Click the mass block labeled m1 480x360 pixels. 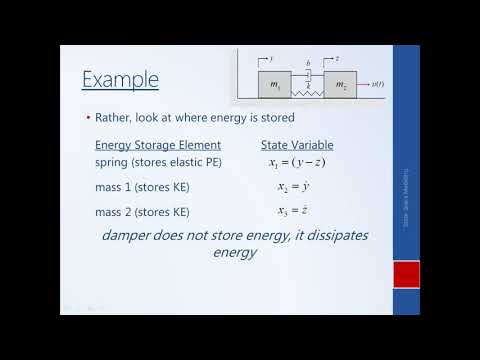pos(275,85)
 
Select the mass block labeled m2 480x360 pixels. pos(340,85)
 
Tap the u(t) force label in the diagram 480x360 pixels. pos(378,85)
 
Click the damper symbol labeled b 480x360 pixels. pos(308,75)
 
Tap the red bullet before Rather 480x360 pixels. pos(87,118)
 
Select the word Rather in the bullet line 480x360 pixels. pos(112,118)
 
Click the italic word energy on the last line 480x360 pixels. pos(236,253)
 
